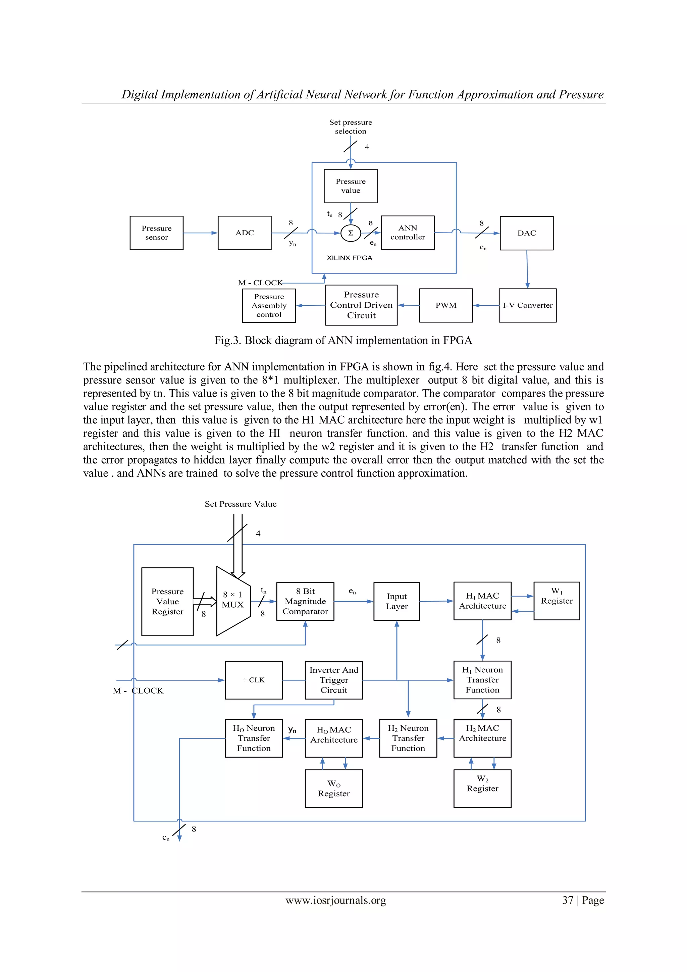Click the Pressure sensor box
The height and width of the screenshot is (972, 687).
[x=156, y=233]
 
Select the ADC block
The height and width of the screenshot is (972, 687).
[x=244, y=233]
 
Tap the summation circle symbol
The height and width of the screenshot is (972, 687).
[x=351, y=233]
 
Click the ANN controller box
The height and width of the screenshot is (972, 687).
[x=407, y=233]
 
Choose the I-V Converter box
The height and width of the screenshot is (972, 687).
[x=527, y=305]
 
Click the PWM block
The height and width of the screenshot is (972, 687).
[x=446, y=305]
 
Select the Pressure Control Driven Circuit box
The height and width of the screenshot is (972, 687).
[x=361, y=305]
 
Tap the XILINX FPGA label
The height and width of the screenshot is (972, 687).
[x=349, y=258]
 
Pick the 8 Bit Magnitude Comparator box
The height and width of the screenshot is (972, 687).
[x=305, y=601]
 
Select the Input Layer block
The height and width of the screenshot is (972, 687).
[x=396, y=601]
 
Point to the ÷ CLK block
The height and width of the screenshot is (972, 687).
[x=253, y=680]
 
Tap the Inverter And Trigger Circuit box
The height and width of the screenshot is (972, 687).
[x=333, y=680]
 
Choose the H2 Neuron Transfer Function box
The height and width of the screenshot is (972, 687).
[x=408, y=738]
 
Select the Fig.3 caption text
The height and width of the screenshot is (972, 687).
[x=343, y=340]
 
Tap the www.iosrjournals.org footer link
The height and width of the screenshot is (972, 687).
[x=336, y=900]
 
